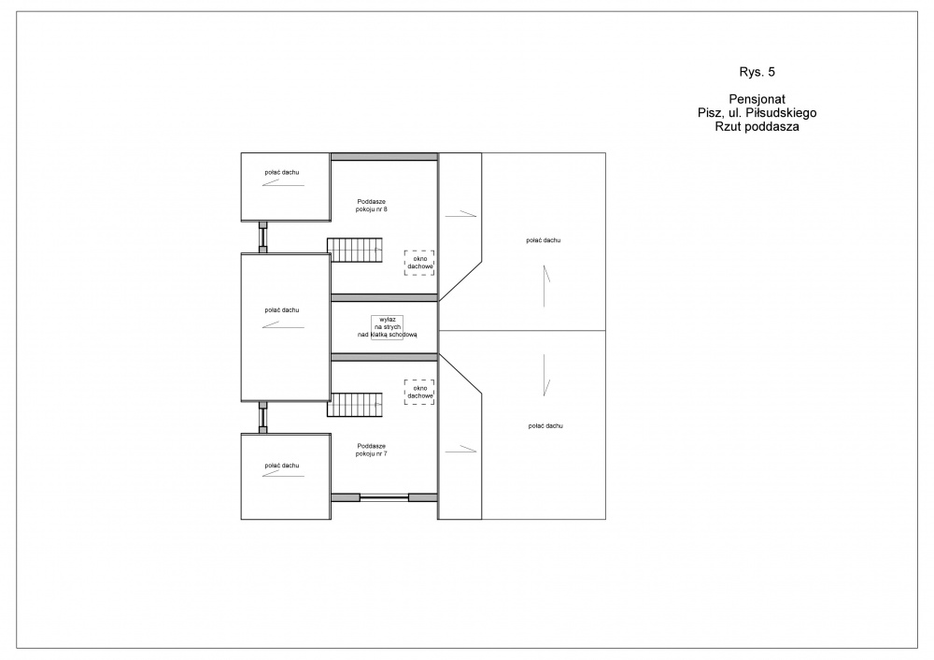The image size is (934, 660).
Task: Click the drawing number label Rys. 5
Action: tap(757, 72)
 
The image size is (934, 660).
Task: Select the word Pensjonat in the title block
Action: tap(757, 100)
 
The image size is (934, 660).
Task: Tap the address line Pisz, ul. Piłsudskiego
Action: tap(757, 113)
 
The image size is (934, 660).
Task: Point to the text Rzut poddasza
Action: tap(757, 126)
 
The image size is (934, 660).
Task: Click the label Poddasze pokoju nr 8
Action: tap(371, 206)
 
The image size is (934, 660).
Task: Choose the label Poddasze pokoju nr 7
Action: tap(371, 451)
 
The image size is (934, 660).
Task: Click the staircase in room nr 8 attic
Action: tap(355, 251)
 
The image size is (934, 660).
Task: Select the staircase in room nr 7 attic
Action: tap(355, 405)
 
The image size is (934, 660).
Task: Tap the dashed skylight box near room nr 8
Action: tap(419, 263)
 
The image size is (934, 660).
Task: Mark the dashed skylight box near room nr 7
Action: tap(419, 393)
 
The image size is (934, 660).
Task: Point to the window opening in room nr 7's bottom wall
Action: tap(384, 498)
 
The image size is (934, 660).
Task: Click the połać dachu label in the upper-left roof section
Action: tap(282, 172)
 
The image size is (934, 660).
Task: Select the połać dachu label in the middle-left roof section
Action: tap(282, 310)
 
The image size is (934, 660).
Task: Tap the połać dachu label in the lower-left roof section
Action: tap(282, 466)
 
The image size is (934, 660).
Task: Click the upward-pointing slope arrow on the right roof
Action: tap(545, 286)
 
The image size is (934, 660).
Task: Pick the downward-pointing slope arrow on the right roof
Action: tap(545, 375)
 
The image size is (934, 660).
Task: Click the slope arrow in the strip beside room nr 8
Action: tap(461, 214)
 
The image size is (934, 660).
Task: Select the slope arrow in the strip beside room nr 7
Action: tap(461, 449)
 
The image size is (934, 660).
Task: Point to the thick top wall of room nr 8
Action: tap(384, 157)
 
